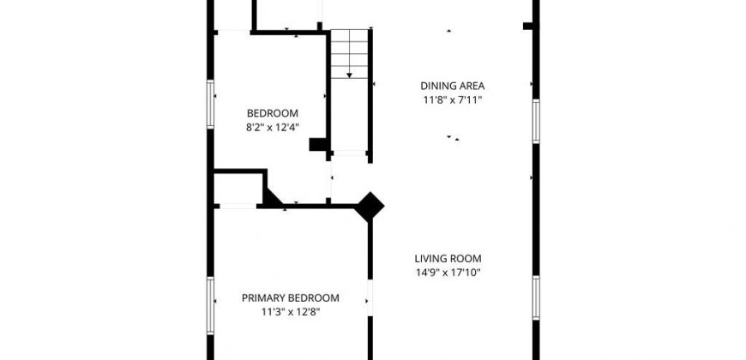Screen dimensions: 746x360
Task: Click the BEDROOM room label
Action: pos(273,113)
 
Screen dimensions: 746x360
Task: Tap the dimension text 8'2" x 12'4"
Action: pos(273,128)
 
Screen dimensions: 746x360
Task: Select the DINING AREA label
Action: pos(453,86)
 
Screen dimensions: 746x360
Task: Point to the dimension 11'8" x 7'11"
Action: pos(453,100)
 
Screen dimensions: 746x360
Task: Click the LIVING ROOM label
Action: pos(448,259)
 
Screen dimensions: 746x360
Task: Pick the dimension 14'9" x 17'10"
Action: pos(448,273)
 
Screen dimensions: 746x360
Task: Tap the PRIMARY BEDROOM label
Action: pos(290,298)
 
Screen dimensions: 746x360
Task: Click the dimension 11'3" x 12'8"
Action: pos(290,313)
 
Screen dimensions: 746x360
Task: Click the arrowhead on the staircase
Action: pos(349,75)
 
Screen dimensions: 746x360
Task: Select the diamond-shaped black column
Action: pos(370,207)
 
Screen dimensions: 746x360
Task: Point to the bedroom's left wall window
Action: pos(210,105)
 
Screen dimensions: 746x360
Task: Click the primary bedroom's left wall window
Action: pos(210,306)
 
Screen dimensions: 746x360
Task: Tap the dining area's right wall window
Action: pos(536,121)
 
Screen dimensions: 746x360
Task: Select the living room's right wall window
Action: pos(536,297)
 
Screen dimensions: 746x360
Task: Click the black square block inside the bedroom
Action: pos(317,144)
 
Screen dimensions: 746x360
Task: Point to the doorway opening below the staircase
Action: pos(350,153)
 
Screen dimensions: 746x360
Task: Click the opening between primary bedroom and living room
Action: pos(370,297)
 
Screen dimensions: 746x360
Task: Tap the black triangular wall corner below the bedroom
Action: pos(271,199)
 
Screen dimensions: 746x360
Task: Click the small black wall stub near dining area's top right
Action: pos(528,26)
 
